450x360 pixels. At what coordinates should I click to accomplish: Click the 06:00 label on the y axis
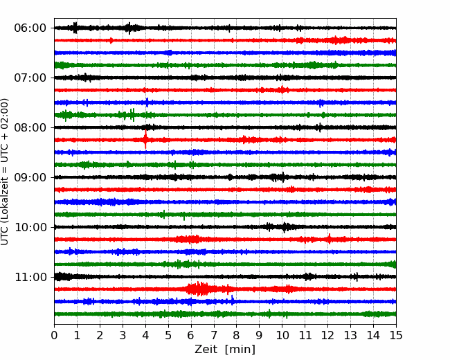[x=30, y=28]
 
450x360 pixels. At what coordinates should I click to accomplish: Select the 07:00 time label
[x=30, y=78]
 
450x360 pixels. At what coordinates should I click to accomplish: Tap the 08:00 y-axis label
[x=30, y=127]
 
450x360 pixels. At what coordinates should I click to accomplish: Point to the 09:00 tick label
[x=30, y=177]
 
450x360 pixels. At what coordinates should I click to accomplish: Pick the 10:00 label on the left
[x=30, y=227]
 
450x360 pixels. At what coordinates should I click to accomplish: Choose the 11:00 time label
[x=30, y=277]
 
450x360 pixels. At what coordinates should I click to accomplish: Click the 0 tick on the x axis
[x=54, y=335]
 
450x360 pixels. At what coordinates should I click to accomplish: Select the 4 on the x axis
[x=145, y=335]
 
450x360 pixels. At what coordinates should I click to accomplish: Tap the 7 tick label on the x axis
[x=214, y=335]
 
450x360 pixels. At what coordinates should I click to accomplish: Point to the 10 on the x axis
[x=282, y=335]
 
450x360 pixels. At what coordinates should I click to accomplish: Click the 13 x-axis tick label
[x=350, y=335]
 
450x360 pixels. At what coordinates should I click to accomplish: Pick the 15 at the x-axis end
[x=396, y=335]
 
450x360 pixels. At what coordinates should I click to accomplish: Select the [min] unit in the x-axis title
[x=240, y=350]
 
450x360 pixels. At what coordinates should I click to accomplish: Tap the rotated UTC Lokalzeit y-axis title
[x=4, y=172]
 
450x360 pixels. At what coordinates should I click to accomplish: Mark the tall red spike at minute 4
[x=145, y=139]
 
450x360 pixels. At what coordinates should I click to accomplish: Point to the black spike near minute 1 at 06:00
[x=75, y=28]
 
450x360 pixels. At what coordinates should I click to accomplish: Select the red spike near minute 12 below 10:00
[x=329, y=239]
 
